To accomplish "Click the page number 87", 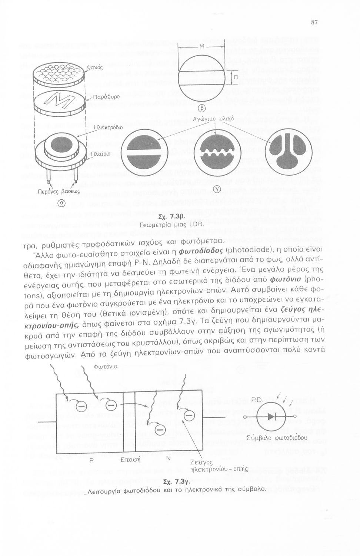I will (314, 23).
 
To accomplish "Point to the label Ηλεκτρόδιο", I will (108, 127).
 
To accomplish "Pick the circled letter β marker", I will (202, 108).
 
